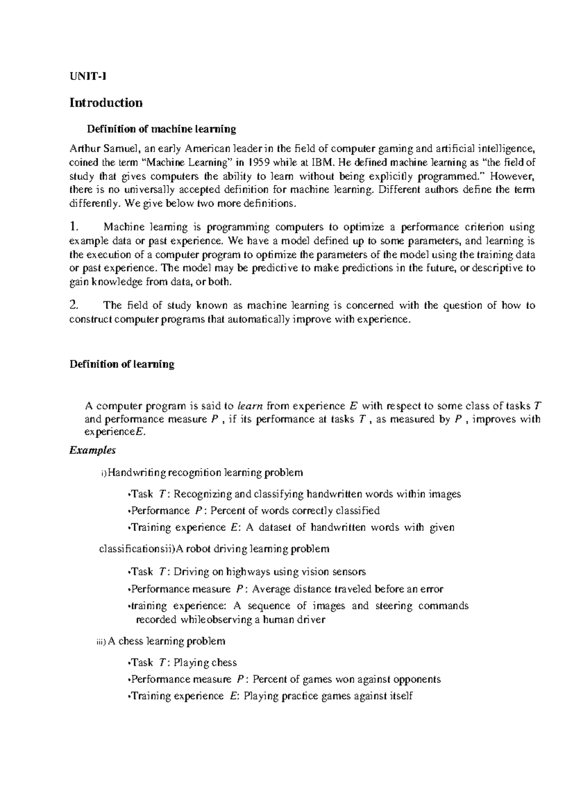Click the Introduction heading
pos(106,103)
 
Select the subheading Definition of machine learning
pos(161,129)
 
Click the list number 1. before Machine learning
pos(73,226)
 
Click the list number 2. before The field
pos(73,305)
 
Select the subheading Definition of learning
pos(122,364)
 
